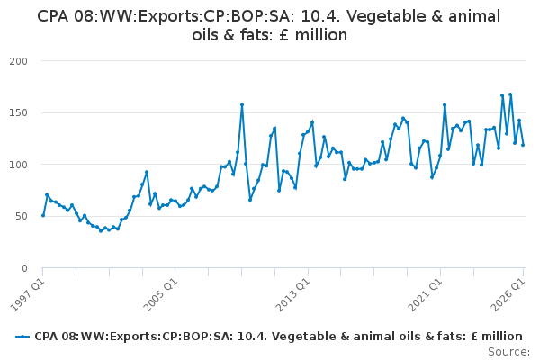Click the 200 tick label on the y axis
pyautogui.click(x=19, y=61)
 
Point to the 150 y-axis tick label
pyautogui.click(x=19, y=113)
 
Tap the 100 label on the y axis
pyautogui.click(x=19, y=165)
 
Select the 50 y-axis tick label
pyautogui.click(x=22, y=216)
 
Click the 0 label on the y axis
pyautogui.click(x=24, y=268)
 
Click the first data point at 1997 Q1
pyautogui.click(x=43, y=216)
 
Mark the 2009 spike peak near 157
pyautogui.click(x=242, y=104)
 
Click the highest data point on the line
pyautogui.click(x=510, y=94)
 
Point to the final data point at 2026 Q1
pyautogui.click(x=523, y=145)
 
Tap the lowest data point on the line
pyautogui.click(x=101, y=230)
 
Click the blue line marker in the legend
pyautogui.click(x=22, y=337)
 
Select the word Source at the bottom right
pyautogui.click(x=508, y=352)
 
